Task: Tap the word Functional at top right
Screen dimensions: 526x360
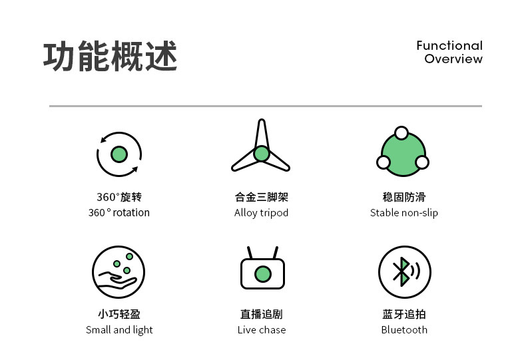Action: pyautogui.click(x=449, y=45)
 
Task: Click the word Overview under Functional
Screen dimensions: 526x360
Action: pyautogui.click(x=453, y=59)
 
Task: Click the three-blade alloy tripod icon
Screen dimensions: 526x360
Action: pyautogui.click(x=261, y=150)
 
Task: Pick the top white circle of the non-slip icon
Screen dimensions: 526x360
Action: pyautogui.click(x=401, y=132)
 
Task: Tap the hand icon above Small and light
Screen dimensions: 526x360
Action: pyautogui.click(x=119, y=272)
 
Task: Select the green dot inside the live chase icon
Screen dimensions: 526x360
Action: pyautogui.click(x=263, y=273)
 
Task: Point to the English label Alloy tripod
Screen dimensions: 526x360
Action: pyautogui.click(x=261, y=213)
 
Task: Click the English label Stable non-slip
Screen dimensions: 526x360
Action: pyautogui.click(x=404, y=213)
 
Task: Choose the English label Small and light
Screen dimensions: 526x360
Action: pyautogui.click(x=119, y=330)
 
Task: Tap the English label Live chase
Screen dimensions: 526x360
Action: pyautogui.click(x=262, y=330)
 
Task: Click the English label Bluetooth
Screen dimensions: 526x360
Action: pyautogui.click(x=404, y=330)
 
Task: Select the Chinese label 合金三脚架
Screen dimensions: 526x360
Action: pyautogui.click(x=262, y=197)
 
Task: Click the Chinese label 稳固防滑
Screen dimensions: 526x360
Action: pyautogui.click(x=404, y=197)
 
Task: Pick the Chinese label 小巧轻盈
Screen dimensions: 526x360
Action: pyautogui.click(x=119, y=314)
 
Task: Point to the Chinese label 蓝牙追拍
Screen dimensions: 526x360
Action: pyautogui.click(x=404, y=314)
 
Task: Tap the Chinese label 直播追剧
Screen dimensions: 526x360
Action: pyautogui.click(x=262, y=314)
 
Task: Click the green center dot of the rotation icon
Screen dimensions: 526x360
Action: pyautogui.click(x=119, y=154)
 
